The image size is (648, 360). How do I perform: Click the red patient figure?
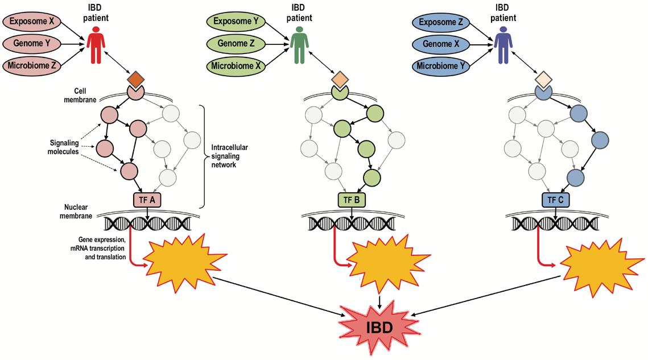pos(97,45)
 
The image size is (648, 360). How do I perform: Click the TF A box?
pos(148,200)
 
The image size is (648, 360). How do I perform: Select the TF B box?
pos(352,200)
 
